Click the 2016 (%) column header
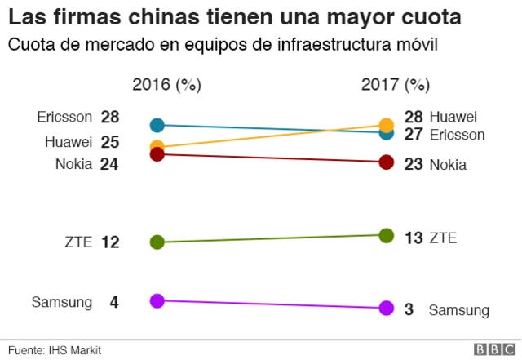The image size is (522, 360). tap(166, 85)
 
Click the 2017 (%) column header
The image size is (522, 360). tap(395, 85)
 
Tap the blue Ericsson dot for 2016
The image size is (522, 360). tap(157, 125)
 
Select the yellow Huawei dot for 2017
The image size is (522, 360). tap(387, 125)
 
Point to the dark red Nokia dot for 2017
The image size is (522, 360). tap(387, 162)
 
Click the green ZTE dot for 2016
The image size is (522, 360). tap(157, 242)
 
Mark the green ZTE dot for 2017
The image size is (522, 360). tap(387, 235)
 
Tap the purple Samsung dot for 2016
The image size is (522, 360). tap(157, 300)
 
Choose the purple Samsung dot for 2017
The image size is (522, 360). tap(387, 309)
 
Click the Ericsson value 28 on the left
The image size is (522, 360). tap(110, 117)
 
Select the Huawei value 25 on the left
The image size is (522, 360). tap(110, 142)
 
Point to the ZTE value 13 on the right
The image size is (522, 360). tap(414, 238)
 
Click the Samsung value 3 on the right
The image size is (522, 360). tap(409, 309)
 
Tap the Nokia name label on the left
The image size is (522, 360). tap(74, 164)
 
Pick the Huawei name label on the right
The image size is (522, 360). tap(453, 118)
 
